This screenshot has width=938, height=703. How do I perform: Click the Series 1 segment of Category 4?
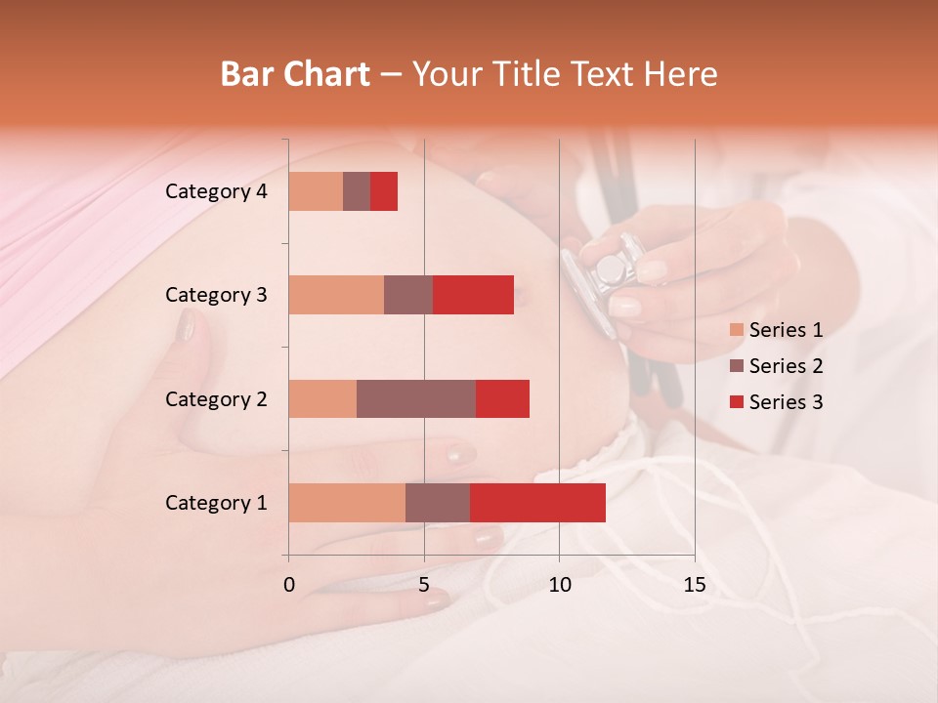pos(316,191)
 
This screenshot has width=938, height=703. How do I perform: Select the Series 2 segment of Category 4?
pos(357,191)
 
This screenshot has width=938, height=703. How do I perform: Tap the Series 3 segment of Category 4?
pos(384,191)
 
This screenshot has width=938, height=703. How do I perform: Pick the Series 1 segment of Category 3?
pos(336,295)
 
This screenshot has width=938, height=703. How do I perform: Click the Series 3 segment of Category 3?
pos(473,295)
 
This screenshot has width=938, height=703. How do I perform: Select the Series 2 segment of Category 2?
pos(416,398)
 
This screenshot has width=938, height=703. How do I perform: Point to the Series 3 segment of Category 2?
pos(502,398)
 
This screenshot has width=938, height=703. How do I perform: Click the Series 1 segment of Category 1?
pos(347,503)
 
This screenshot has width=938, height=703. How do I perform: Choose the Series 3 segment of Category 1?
pos(537,503)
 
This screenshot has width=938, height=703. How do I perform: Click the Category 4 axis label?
pos(216,191)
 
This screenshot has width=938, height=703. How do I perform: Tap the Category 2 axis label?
pos(216,399)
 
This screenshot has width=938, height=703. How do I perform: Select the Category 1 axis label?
pos(216,503)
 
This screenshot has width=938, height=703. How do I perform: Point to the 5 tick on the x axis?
pos(424,585)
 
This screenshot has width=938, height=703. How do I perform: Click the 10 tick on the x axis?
pos(559,585)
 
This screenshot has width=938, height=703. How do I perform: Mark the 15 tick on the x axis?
pos(694,585)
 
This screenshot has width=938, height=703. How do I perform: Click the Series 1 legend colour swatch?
pos(736,330)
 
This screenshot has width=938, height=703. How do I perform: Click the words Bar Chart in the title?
pos(295,74)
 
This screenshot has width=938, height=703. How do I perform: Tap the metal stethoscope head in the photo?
pos(611,269)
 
